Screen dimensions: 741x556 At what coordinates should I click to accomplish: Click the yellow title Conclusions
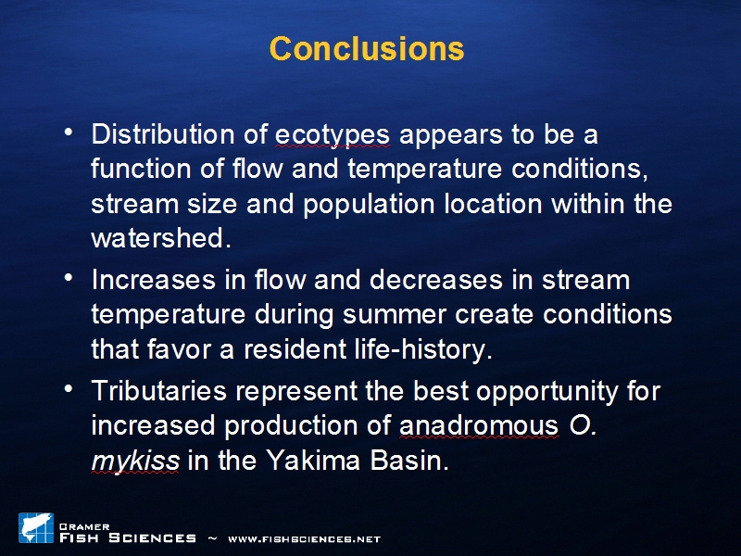pos(367,48)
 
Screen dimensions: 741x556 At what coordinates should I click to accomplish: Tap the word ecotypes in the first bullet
pos(333,135)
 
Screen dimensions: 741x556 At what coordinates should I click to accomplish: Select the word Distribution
pos(163,133)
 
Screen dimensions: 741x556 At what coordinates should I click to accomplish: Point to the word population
pos(369,205)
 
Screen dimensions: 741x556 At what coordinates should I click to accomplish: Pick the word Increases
pos(154,280)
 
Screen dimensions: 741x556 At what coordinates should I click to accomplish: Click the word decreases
pos(435,280)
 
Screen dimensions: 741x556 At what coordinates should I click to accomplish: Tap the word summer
pos(395,315)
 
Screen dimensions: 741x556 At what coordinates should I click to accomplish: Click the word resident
pos(295,349)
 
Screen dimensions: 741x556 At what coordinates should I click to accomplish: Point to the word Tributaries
pos(158,391)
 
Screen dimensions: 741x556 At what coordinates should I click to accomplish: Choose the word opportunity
pos(547,392)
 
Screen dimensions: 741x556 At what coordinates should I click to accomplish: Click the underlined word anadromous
pos(479,425)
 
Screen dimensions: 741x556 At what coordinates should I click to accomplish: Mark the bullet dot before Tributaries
pos(69,388)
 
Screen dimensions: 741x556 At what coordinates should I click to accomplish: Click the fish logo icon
pos(36,527)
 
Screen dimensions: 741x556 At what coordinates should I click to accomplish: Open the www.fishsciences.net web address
pos(305,539)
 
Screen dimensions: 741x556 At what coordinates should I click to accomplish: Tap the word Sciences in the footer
pos(152,538)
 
